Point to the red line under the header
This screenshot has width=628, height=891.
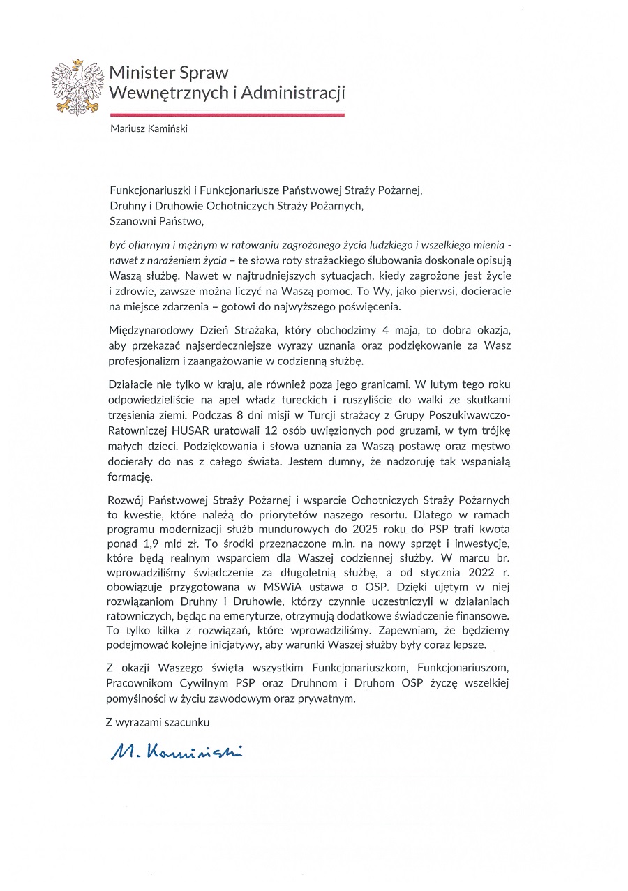[x=227, y=113]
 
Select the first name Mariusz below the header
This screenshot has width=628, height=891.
[x=127, y=128]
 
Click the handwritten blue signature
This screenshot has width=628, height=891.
[x=176, y=751]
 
